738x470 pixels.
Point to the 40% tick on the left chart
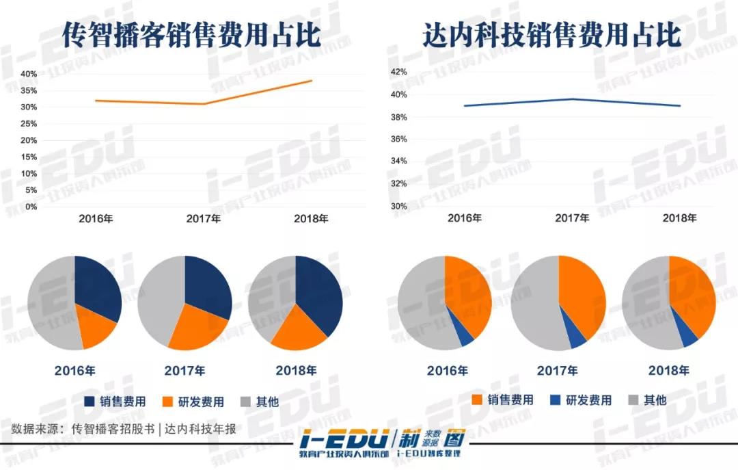coord(28,74)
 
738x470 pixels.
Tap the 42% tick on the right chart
coord(398,72)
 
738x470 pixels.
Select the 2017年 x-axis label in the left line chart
coord(204,220)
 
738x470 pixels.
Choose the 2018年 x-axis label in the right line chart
coord(680,218)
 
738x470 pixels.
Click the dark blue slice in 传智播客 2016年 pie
coord(97,287)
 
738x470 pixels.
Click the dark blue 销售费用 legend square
coord(90,402)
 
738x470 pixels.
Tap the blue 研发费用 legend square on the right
coord(555,400)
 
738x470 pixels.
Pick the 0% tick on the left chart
coord(31,207)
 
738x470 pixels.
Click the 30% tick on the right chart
coord(398,206)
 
